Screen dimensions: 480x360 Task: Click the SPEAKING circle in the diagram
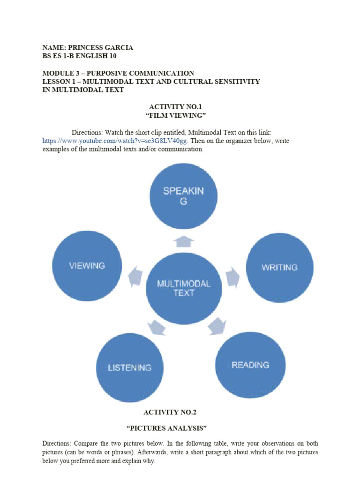click(x=183, y=196)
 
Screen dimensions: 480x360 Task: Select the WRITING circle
click(x=279, y=267)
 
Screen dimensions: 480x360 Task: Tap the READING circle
click(x=250, y=365)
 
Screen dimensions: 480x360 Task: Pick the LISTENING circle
click(x=130, y=367)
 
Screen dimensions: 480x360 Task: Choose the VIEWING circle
click(x=87, y=265)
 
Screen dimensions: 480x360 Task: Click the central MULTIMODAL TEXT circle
click(x=184, y=288)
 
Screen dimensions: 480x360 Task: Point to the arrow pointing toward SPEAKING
click(x=184, y=241)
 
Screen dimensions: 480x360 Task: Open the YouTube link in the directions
click(x=115, y=141)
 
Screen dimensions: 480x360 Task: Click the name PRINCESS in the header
click(x=86, y=47)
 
